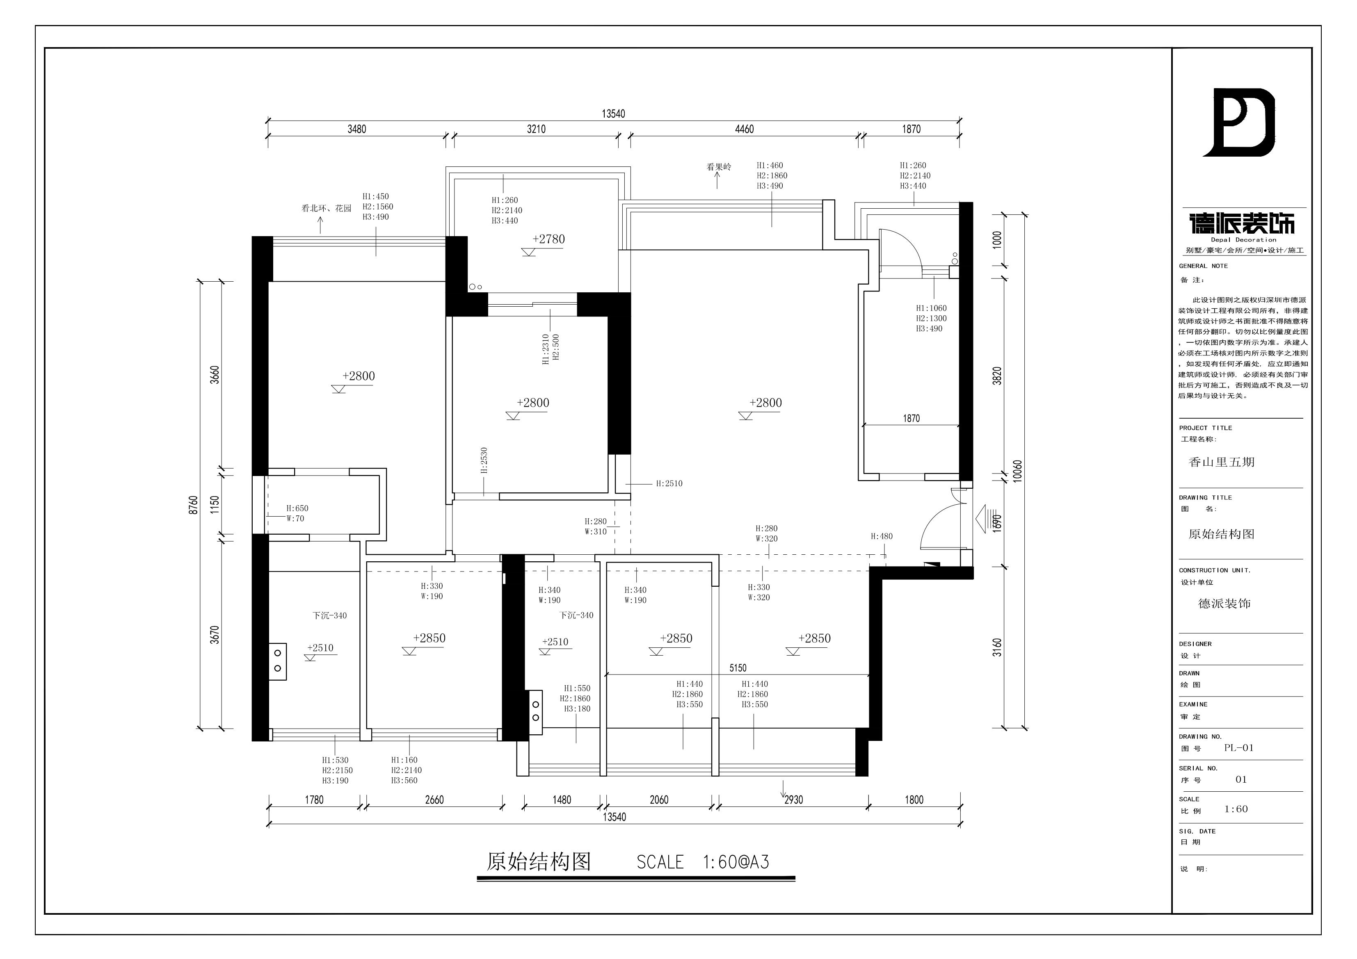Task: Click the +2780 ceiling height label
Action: click(x=548, y=239)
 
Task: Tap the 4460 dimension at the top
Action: click(x=744, y=129)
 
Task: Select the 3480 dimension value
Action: click(x=356, y=129)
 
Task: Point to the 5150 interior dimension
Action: click(x=738, y=668)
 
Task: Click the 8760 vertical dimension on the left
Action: click(x=193, y=505)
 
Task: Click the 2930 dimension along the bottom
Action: click(x=793, y=800)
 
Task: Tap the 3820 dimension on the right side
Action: click(x=997, y=376)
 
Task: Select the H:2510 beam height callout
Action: click(x=669, y=483)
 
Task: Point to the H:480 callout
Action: click(x=881, y=537)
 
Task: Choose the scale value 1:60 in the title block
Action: click(x=1236, y=809)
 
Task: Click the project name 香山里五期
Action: click(x=1222, y=462)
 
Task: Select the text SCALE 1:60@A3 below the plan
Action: click(x=703, y=862)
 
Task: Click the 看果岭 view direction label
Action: click(x=719, y=167)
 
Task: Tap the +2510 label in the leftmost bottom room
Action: click(x=320, y=648)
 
